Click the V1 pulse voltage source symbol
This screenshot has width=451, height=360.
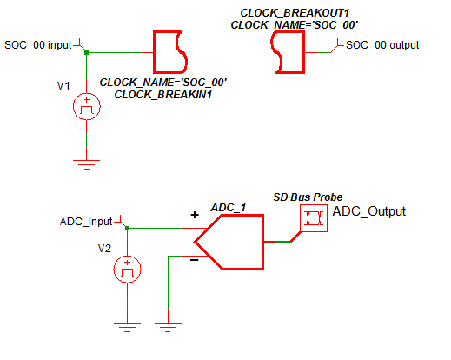(87, 106)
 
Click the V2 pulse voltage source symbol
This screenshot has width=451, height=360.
(127, 270)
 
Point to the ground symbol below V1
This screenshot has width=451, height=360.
(86, 164)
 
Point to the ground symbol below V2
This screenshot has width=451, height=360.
(127, 328)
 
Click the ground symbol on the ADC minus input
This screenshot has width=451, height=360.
(168, 328)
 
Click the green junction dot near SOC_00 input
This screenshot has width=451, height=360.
(86, 52)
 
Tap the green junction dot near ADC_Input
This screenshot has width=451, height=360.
(127, 229)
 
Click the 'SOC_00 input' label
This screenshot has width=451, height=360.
(38, 45)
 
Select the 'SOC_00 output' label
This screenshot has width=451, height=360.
(382, 45)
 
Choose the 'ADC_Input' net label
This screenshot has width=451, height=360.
(86, 222)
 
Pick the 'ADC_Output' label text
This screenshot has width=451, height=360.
(369, 211)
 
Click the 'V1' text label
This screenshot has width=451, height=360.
(63, 86)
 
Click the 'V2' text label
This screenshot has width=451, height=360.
(104, 249)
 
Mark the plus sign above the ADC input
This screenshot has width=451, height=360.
(195, 215)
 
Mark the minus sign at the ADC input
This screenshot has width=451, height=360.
(194, 260)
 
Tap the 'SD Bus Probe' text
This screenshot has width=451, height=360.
(308, 197)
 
